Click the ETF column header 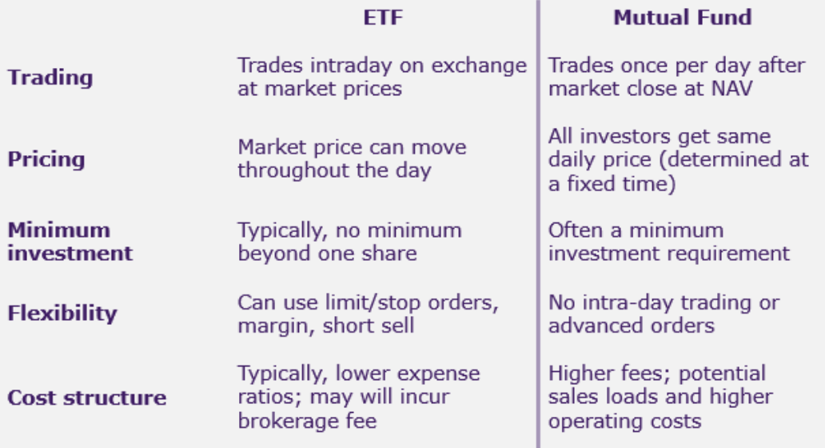[383, 18]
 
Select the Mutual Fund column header [683, 18]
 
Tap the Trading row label [50, 78]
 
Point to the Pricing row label [46, 159]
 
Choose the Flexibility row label [62, 314]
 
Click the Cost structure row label [87, 398]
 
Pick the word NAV [732, 89]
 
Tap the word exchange [479, 66]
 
